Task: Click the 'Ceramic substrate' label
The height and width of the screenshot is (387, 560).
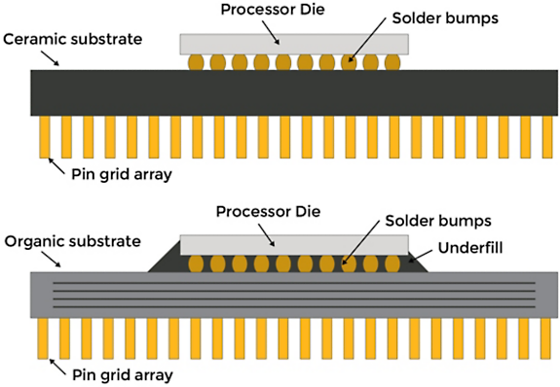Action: click(72, 39)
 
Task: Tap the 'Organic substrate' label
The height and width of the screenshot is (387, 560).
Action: click(72, 241)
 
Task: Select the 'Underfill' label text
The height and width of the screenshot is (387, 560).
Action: click(470, 248)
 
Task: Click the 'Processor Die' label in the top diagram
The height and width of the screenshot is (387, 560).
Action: click(273, 10)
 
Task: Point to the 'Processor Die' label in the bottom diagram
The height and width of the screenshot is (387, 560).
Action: click(268, 212)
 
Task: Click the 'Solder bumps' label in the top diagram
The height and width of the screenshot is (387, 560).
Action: click(445, 18)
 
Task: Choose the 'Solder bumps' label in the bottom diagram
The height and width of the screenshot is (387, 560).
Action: click(438, 221)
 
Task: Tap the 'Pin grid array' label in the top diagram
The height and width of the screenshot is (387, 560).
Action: click(122, 174)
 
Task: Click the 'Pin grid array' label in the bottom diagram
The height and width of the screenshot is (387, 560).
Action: click(123, 375)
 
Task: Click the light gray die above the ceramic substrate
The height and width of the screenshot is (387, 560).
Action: click(294, 44)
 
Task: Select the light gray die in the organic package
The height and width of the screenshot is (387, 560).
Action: click(294, 245)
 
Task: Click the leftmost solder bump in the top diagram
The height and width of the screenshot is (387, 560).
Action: click(196, 62)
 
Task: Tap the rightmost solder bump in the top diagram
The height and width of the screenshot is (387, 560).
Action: click(392, 62)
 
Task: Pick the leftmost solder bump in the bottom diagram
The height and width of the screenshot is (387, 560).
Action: click(196, 264)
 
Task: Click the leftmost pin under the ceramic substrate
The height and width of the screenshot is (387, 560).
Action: click(45, 137)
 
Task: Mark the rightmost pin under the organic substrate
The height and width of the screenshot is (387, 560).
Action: click(545, 338)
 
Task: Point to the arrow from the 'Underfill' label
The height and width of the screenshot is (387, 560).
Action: click(421, 256)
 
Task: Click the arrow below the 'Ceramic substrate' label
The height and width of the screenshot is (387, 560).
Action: click(50, 58)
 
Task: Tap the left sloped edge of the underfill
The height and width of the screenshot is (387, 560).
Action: click(165, 256)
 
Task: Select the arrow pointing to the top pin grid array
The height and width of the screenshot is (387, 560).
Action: click(56, 166)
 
